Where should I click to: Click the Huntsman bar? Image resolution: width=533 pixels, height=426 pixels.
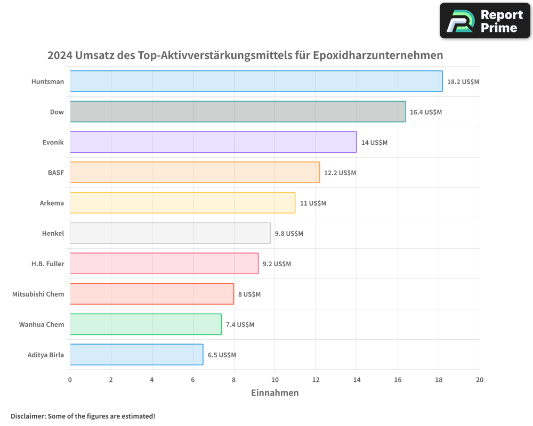coord(256,81)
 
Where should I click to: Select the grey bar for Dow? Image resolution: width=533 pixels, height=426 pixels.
coord(238,112)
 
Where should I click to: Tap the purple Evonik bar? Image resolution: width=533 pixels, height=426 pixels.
coord(213,142)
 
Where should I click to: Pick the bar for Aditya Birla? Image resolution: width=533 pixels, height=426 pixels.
coord(136,355)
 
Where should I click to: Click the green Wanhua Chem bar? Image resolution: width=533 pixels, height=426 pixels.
coord(146,324)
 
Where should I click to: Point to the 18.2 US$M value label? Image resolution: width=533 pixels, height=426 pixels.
coord(463,82)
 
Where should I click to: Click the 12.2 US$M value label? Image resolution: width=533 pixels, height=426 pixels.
coord(340,173)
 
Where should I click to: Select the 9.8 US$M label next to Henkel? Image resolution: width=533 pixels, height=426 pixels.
coord(289,234)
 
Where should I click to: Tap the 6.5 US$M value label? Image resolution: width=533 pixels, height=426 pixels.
coord(222,355)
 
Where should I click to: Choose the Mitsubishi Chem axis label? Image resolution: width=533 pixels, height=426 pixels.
coord(38,294)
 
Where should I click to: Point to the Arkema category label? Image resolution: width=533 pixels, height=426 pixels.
coord(52,203)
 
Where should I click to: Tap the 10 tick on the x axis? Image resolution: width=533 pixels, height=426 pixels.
coord(274,380)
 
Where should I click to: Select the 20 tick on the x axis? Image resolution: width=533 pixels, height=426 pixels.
coord(479,380)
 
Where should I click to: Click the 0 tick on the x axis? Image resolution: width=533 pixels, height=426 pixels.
coord(70,380)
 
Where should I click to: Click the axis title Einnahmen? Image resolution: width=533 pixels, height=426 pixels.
coord(274,393)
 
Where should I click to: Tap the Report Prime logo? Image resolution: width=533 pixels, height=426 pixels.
coord(484,21)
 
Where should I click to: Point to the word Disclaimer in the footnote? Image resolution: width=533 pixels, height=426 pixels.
coord(27,416)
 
